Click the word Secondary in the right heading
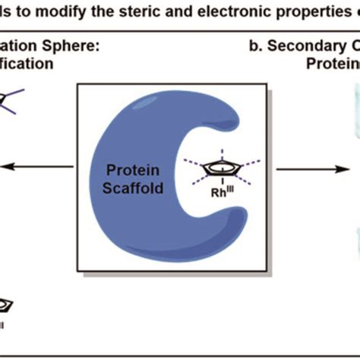point(304,48)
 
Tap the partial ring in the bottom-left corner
point(5,305)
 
